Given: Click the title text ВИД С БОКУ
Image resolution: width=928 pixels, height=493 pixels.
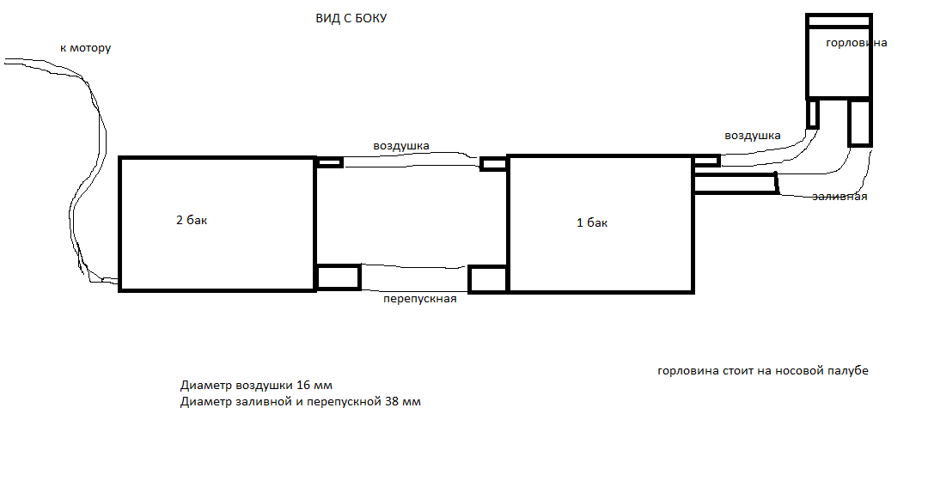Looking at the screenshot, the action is tap(351, 18).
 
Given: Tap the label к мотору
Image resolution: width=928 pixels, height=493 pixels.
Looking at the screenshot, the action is tap(85, 48).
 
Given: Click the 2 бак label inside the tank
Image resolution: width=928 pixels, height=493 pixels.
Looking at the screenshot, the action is tap(192, 220).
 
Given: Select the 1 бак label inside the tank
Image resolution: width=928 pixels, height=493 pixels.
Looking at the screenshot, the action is tap(592, 222).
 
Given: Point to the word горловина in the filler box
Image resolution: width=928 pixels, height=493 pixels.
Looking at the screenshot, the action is tap(857, 43).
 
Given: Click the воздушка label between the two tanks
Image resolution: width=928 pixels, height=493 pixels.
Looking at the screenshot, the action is tap(400, 146).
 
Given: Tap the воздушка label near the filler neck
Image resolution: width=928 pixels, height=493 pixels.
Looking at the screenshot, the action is tap(752, 136).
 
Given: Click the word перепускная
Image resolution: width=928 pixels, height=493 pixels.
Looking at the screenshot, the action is tap(419, 299).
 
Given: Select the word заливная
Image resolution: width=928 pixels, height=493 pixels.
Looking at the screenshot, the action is tap(839, 197).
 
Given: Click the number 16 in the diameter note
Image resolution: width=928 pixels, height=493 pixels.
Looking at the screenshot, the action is tap(303, 386).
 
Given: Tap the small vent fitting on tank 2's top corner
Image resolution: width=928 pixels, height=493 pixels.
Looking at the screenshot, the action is tap(329, 162).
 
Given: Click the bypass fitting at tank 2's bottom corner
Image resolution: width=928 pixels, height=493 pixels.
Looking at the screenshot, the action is tap(338, 277).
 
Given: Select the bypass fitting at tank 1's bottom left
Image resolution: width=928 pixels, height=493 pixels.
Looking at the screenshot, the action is tap(488, 279).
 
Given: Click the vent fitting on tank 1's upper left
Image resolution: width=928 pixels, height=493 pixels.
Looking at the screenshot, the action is tap(493, 163).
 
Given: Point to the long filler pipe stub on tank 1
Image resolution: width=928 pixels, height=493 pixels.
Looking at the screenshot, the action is tap(735, 184).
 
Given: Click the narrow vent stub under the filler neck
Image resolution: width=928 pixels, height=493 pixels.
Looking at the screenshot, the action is tap(813, 113).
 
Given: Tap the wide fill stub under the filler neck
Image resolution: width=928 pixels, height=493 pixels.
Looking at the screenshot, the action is tap(860, 123).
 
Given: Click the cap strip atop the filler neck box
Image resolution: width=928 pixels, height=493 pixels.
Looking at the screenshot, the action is tap(839, 21).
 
